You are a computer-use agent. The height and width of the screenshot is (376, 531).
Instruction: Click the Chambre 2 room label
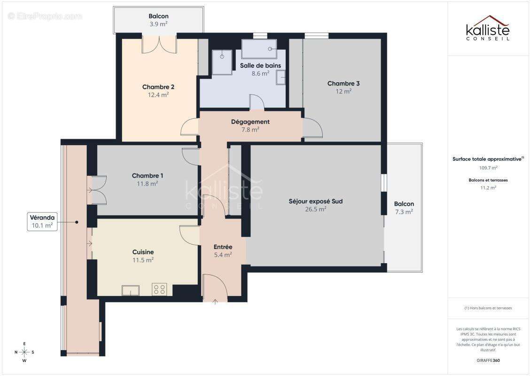point(158,87)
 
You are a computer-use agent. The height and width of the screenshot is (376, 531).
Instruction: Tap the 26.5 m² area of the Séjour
point(315,210)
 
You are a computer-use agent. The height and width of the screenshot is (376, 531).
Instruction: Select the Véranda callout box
point(42,221)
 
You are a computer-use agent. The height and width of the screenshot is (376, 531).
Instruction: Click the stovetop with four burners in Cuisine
point(159,290)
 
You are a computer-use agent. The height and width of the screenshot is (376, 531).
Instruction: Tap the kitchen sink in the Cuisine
point(130,290)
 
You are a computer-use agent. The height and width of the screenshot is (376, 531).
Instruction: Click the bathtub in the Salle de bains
point(259,49)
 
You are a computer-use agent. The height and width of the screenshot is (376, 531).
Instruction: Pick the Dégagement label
point(250,122)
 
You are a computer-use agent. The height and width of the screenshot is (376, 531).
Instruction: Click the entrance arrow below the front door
point(215,301)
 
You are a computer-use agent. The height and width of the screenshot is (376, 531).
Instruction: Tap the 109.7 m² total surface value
point(488,167)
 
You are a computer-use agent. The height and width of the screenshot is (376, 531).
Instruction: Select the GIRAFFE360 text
point(488,360)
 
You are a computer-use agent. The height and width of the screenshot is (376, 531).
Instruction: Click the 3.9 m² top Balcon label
point(158,23)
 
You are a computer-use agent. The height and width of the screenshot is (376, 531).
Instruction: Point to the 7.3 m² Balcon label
point(404,211)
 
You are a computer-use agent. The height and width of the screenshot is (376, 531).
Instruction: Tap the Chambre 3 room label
point(344,84)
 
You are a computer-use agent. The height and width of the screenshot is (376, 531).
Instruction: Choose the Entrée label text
point(223,247)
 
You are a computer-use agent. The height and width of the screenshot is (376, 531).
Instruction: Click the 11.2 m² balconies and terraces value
point(488,188)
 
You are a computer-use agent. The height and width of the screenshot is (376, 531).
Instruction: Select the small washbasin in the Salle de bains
point(281,77)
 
